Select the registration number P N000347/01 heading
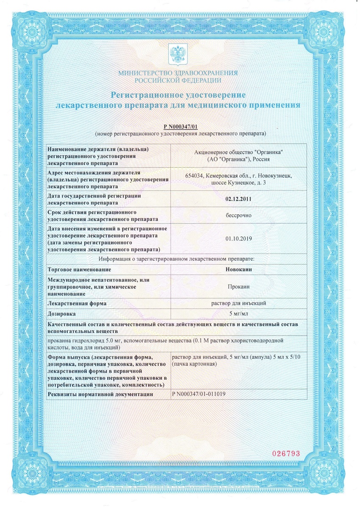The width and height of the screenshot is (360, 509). click(180, 127)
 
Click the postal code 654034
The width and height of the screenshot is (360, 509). click(195, 176)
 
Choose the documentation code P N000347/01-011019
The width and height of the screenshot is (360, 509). click(198, 394)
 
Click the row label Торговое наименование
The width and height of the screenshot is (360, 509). click(80, 269)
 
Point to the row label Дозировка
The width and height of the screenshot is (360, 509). click(62, 314)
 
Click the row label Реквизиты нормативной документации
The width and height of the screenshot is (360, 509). click(100, 394)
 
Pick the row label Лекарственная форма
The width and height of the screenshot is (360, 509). click(77, 303)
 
